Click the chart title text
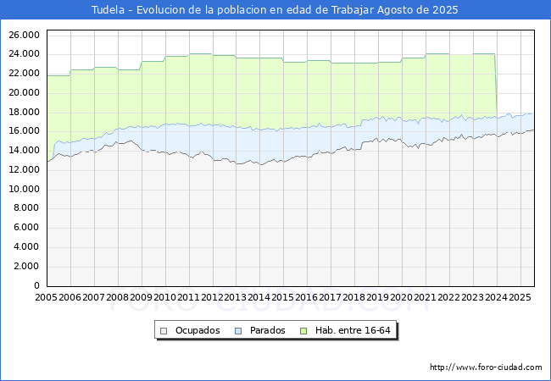point(275,9)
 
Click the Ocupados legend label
point(197,330)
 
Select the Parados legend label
point(268,330)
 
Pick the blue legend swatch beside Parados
point(239,330)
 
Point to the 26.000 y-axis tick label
point(24,35)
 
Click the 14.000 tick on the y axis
point(24,150)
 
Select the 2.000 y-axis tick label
point(26,266)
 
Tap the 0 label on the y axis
point(36,285)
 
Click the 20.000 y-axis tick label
point(24,92)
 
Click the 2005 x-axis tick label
point(47,298)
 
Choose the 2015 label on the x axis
point(283,298)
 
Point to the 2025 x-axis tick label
point(520,298)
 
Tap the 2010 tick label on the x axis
point(164,298)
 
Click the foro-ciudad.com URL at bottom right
point(486,367)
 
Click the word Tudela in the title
point(108,9)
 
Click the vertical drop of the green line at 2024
point(496,85)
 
